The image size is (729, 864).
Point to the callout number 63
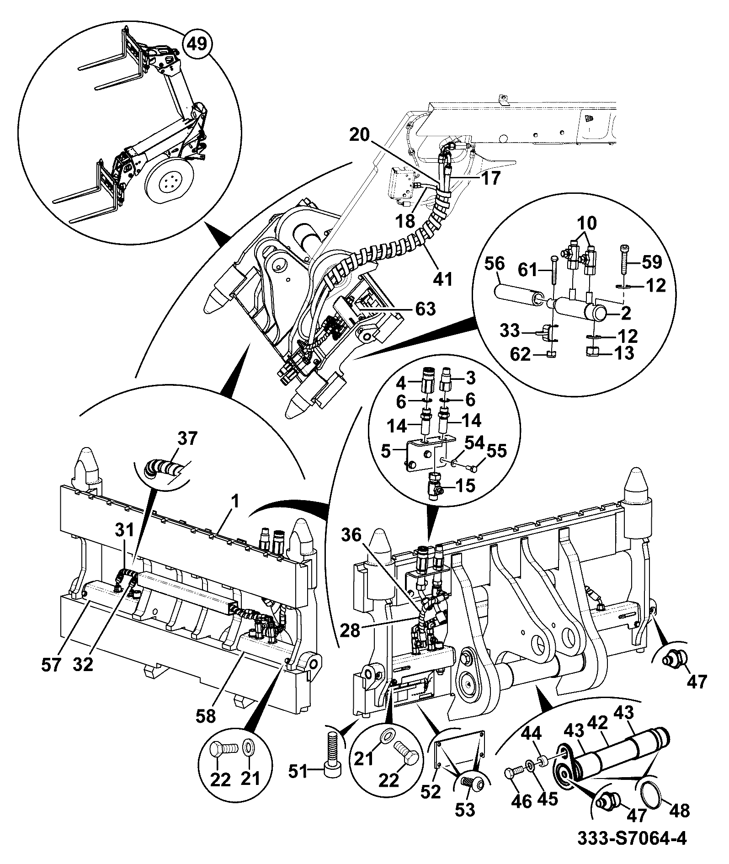[424, 309]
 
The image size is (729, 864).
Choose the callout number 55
[496, 452]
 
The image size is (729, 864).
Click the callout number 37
[187, 439]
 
